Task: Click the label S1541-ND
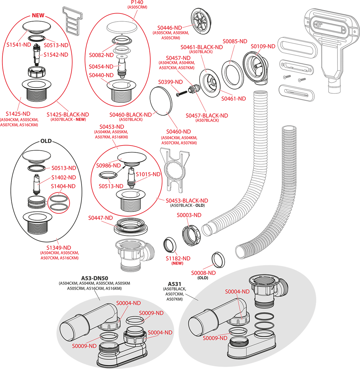coord(19,45)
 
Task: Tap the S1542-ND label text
coord(56,55)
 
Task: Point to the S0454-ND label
coord(101,66)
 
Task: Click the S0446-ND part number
coord(170,28)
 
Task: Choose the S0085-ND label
coord(235,41)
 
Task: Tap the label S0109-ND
coord(263,46)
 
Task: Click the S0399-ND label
coord(171,82)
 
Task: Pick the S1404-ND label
coord(63,186)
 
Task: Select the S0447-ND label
coord(101,218)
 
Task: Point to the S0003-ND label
coord(189,215)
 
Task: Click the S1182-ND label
coord(178,258)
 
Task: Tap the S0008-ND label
coord(203,273)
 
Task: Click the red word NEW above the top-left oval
coord(38,15)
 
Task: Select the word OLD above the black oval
coord(46,141)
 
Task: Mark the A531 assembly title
coord(174,284)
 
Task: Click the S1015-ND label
coord(148,174)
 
